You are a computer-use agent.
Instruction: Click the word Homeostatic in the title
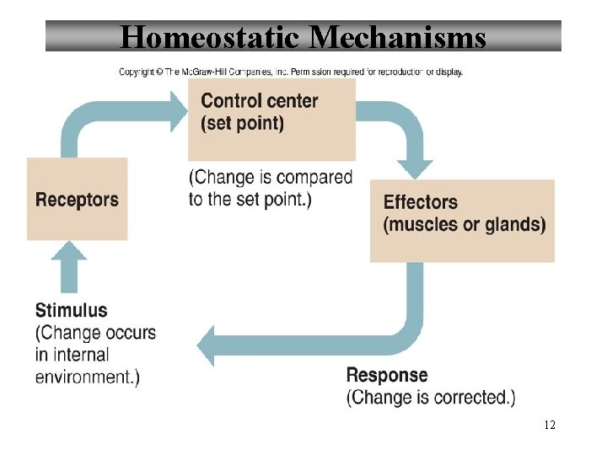click(211, 37)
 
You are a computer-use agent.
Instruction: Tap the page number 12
click(550, 425)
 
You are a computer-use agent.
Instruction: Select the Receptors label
click(77, 200)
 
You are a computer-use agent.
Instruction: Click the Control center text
click(259, 101)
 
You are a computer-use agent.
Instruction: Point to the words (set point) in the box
click(242, 123)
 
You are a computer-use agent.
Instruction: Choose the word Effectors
click(420, 202)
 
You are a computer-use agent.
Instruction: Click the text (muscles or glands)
click(465, 224)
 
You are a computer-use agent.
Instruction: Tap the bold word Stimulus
click(72, 310)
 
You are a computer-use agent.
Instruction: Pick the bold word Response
click(387, 375)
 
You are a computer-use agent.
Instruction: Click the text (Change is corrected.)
click(431, 397)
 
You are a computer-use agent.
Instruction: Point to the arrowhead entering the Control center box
click(179, 110)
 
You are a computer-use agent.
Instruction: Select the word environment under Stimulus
click(83, 376)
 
